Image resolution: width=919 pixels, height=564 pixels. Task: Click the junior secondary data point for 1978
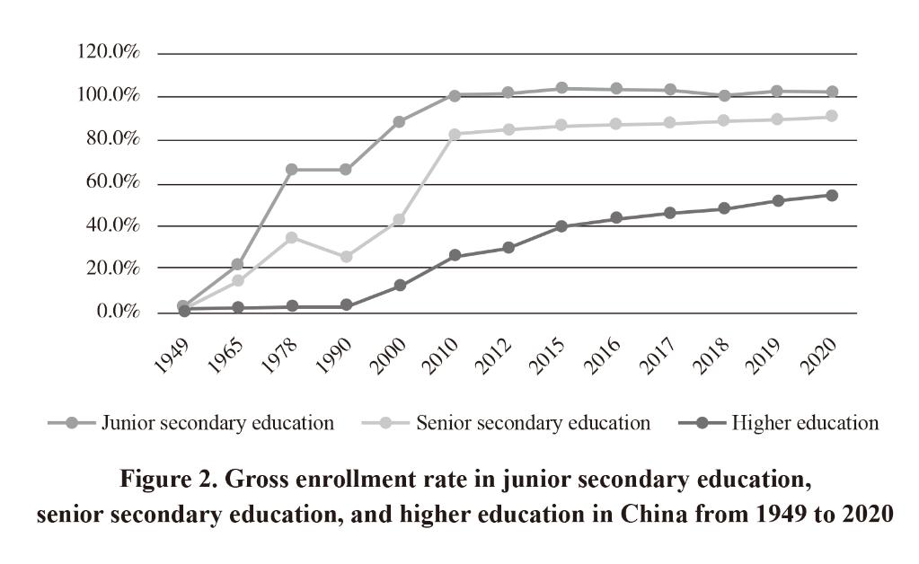pos(291,170)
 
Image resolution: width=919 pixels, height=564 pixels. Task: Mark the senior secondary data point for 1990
pos(346,257)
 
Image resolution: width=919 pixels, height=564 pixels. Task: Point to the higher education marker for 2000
pos(400,286)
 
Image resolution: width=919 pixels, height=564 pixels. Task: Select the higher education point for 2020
pos(832,195)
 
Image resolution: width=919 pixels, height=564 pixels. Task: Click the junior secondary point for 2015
pos(561,88)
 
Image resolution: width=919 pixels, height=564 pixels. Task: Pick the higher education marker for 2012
pos(508,248)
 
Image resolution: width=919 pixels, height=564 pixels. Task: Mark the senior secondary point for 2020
pos(832,116)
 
